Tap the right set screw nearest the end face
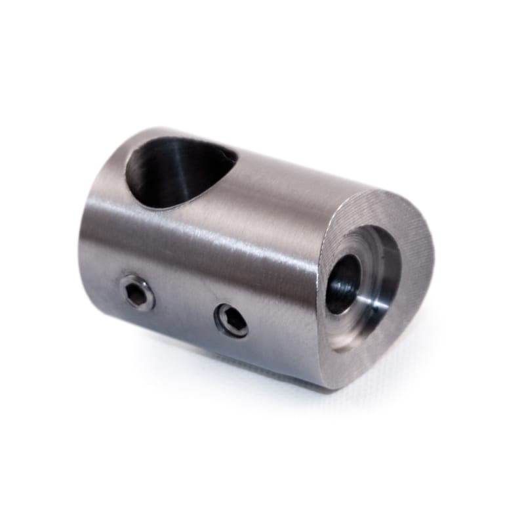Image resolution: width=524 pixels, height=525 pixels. point(232,320)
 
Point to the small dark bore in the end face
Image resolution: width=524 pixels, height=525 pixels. point(343,283)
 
